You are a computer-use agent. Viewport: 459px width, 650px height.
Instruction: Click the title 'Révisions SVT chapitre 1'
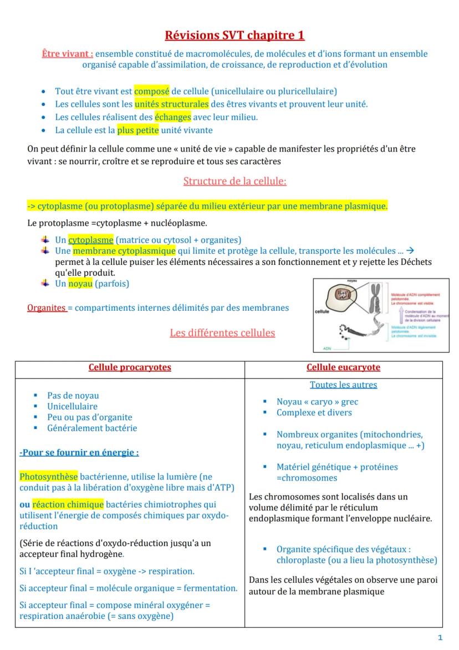pyautogui.click(x=234, y=36)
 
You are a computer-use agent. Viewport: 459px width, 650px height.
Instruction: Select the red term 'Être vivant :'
pyautogui.click(x=68, y=54)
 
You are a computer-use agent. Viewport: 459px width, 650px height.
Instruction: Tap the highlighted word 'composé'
pyautogui.click(x=151, y=91)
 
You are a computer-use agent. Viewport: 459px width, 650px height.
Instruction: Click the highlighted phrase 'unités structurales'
pyautogui.click(x=171, y=104)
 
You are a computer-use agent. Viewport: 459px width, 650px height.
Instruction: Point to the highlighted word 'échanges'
pyautogui.click(x=172, y=117)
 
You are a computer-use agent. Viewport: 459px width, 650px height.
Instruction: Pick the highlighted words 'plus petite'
pyautogui.click(x=138, y=130)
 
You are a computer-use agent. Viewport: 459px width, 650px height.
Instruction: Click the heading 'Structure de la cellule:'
pyautogui.click(x=234, y=181)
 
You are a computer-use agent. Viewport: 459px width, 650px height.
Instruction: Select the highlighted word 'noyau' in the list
pyautogui.click(x=80, y=284)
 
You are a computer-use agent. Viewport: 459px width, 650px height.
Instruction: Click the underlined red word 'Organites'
pyautogui.click(x=47, y=308)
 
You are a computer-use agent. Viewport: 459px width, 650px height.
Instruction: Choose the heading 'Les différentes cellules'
pyautogui.click(x=222, y=333)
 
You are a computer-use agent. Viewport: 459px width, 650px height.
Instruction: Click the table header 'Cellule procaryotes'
pyautogui.click(x=130, y=367)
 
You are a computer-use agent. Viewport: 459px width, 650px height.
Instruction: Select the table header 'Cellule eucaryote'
pyautogui.click(x=343, y=367)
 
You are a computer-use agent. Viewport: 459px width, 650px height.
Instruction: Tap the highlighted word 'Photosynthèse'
pyautogui.click(x=49, y=477)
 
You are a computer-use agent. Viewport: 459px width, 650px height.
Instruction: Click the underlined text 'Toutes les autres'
pyautogui.click(x=343, y=385)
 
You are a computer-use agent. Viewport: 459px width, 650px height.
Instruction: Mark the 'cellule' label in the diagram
pyautogui.click(x=323, y=312)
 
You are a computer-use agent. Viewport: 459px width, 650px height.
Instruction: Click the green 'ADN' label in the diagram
pyautogui.click(x=327, y=348)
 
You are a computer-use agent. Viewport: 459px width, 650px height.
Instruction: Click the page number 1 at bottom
pyautogui.click(x=440, y=638)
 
